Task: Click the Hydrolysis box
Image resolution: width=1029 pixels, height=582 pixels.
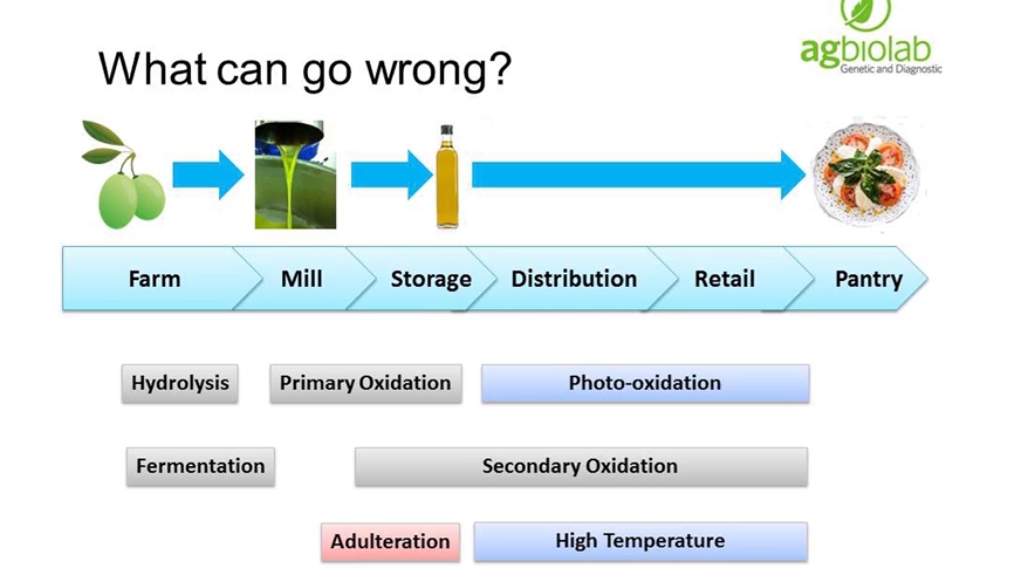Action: [180, 383]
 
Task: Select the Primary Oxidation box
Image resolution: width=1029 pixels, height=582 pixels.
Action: [366, 383]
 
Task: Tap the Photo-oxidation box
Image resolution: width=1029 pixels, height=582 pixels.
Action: [645, 383]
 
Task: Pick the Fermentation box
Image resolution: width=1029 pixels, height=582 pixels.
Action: [200, 466]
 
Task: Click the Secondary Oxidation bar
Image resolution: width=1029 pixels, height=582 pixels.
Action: [581, 466]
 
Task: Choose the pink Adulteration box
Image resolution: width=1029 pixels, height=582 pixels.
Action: [390, 542]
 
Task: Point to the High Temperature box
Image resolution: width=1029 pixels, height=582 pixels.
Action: [640, 541]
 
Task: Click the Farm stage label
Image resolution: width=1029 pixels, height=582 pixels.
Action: [155, 279]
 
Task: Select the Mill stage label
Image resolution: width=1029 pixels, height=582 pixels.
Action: [301, 279]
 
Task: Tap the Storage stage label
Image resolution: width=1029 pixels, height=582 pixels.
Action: [431, 279]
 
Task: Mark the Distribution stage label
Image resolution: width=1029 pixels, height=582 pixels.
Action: [574, 279]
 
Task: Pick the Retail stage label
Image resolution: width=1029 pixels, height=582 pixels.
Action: [725, 279]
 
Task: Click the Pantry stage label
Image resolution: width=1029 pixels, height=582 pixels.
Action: [868, 279]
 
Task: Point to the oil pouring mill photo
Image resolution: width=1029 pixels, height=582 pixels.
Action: [295, 175]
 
